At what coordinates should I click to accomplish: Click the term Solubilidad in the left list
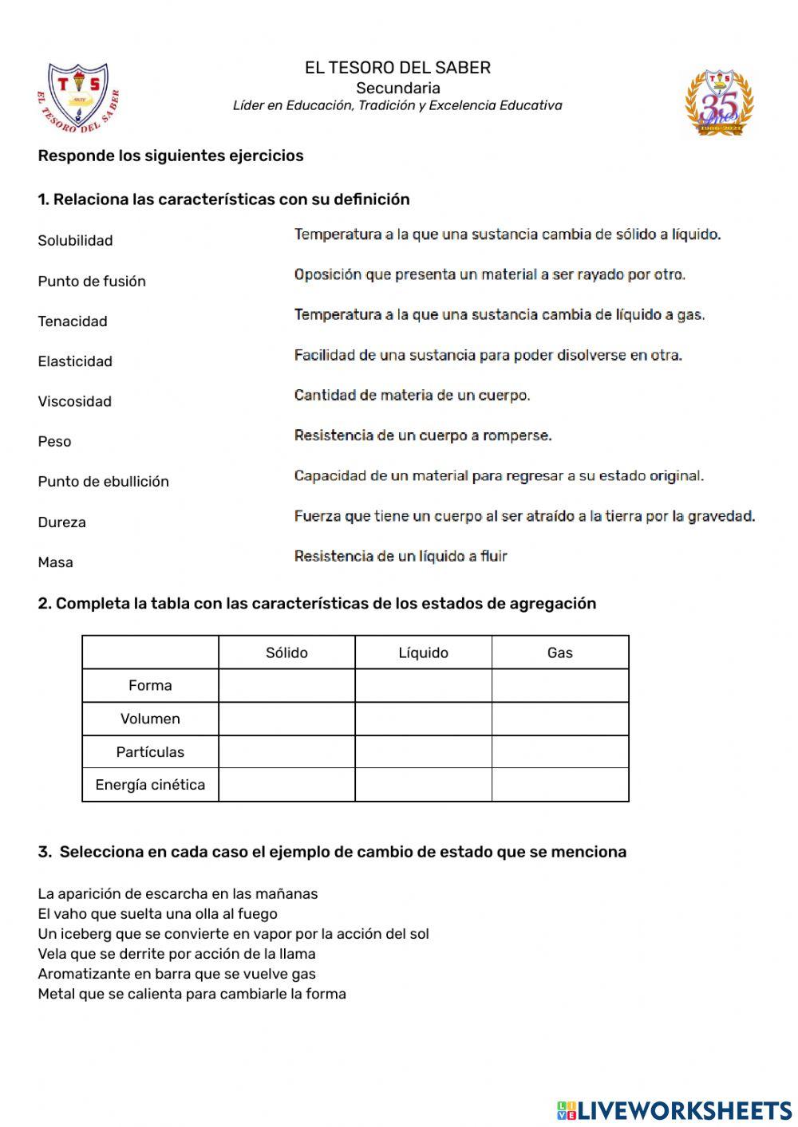[x=75, y=240]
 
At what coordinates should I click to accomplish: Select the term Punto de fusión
[x=92, y=281]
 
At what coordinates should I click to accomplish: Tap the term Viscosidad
[x=74, y=401]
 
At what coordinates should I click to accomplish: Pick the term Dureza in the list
[x=61, y=522]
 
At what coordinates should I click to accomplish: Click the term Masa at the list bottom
[x=55, y=562]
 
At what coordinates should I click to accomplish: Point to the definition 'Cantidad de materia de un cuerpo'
[x=412, y=395]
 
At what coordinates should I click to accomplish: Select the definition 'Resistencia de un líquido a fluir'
[x=401, y=556]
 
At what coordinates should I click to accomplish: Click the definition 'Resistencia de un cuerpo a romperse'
[x=423, y=435]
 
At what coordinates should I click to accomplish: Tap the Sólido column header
[x=286, y=652]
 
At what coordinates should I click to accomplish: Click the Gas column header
[x=559, y=652]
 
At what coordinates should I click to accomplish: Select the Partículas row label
[x=150, y=751]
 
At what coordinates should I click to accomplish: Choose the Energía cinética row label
[x=150, y=785]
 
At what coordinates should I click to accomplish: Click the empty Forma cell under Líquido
[x=423, y=686]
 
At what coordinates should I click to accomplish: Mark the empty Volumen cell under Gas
[x=559, y=719]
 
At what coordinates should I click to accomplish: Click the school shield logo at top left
[x=77, y=97]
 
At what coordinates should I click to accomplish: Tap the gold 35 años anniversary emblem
[x=719, y=102]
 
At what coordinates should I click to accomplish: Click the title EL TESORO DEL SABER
[x=397, y=68]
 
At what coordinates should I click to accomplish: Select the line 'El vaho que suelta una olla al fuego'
[x=157, y=914]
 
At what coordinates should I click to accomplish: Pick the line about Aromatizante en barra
[x=176, y=974]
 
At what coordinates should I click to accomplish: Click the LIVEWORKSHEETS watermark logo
[x=674, y=1109]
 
